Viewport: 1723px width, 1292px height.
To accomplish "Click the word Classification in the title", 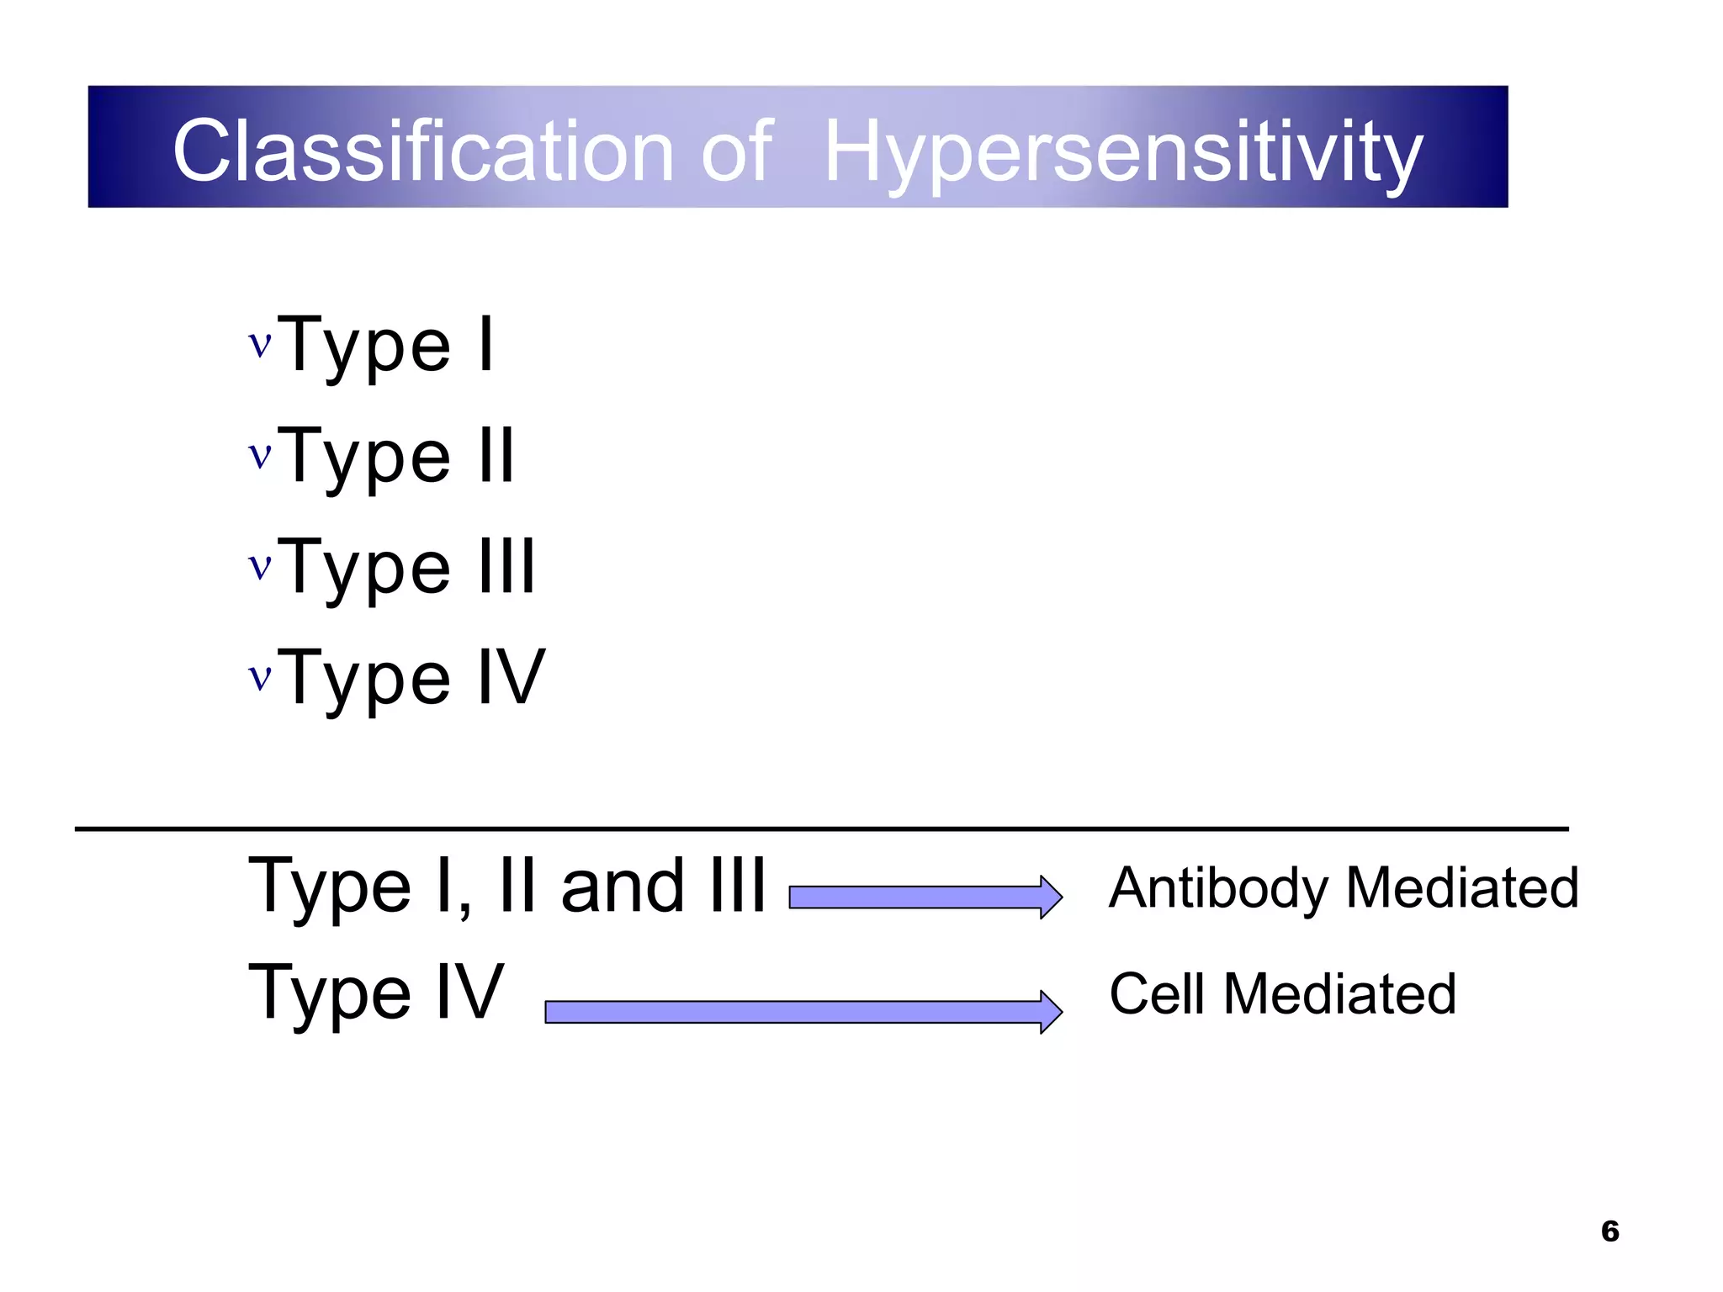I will [x=422, y=151].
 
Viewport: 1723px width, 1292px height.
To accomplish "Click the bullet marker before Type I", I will [x=260, y=344].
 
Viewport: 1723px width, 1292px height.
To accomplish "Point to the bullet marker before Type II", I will [x=260, y=455].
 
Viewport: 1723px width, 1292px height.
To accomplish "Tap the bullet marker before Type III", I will [x=260, y=566].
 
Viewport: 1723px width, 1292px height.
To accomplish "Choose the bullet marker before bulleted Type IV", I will [x=260, y=677].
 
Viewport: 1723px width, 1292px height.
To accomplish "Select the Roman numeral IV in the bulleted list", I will [x=512, y=677].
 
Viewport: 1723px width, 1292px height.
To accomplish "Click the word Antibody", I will [x=1218, y=888].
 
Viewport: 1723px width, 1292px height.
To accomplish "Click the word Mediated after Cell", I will [x=1339, y=994].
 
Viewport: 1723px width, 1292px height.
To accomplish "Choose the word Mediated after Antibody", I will [x=1462, y=888].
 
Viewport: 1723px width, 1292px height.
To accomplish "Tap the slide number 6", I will [x=1609, y=1231].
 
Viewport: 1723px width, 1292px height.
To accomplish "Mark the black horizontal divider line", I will [x=821, y=829].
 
